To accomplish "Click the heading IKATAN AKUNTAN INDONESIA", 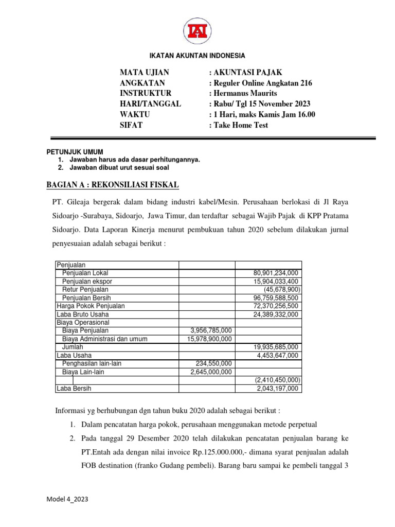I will point(197,56).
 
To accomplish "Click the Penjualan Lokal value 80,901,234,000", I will point(276,273).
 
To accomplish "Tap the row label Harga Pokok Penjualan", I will point(91,306).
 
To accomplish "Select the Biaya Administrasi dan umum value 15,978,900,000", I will point(206,339).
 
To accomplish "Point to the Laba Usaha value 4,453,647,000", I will point(277,356).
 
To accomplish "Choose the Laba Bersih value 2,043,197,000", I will point(277,389).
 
